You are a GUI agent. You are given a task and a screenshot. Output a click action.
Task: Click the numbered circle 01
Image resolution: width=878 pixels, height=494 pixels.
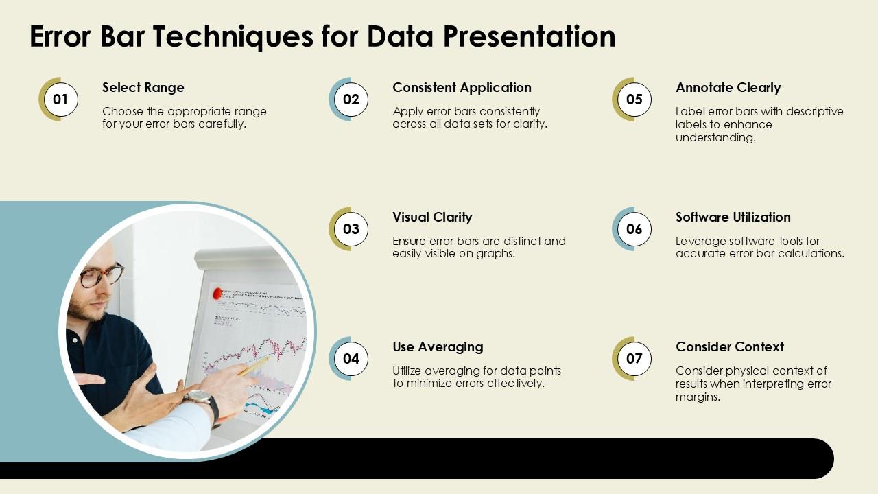(60, 99)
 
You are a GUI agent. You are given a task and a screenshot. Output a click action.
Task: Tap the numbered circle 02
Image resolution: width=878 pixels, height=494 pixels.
(351, 99)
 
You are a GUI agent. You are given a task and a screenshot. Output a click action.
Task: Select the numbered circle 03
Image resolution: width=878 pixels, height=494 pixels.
(351, 228)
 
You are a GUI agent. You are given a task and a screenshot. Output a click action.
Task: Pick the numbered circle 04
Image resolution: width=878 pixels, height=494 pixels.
(351, 358)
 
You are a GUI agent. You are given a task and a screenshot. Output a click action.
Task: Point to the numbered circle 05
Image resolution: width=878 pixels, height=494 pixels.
(634, 99)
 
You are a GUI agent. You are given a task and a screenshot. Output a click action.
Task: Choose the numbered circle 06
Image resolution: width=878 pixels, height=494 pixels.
(634, 228)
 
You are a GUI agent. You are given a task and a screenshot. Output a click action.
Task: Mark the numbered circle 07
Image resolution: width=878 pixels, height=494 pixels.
(634, 358)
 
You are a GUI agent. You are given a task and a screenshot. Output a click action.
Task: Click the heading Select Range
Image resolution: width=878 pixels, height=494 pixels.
(143, 87)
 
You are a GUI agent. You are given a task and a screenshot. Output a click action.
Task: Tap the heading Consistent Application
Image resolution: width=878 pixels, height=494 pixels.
(462, 87)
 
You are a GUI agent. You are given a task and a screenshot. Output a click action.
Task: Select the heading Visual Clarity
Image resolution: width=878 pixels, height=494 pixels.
(432, 217)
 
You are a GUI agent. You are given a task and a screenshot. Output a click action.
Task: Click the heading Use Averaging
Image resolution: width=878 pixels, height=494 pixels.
(438, 346)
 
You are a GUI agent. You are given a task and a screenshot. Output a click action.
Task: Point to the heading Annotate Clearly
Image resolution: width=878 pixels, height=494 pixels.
(728, 87)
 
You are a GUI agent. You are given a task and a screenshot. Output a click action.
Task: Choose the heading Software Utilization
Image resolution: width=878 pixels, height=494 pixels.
(733, 217)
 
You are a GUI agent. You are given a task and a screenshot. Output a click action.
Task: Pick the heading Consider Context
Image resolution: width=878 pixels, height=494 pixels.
(729, 346)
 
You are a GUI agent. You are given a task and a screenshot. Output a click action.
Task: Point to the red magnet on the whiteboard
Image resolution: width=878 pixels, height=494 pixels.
(218, 294)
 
